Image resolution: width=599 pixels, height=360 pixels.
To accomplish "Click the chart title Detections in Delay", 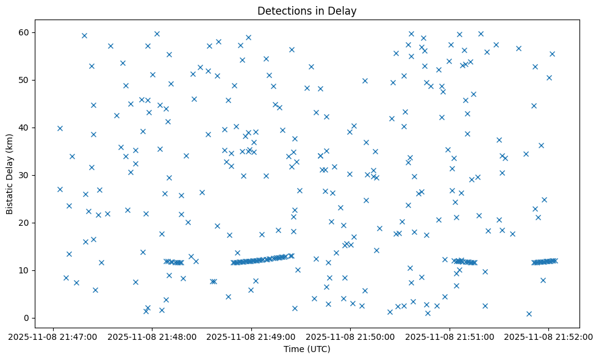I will (307, 11).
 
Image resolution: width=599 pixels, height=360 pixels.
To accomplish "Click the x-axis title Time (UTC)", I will (307, 349).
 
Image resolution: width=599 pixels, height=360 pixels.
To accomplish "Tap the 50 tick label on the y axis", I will (26, 80).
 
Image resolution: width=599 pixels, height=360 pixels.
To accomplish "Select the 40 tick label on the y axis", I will (26, 128).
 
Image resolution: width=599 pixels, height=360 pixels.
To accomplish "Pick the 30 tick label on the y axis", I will (26, 175).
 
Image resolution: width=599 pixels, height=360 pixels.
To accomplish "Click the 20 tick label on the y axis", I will (26, 223).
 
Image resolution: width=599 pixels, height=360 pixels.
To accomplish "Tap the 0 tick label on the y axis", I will (28, 318).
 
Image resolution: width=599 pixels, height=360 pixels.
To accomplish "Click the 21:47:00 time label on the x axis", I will (53, 336).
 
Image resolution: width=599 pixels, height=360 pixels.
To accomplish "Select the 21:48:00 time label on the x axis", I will (152, 336).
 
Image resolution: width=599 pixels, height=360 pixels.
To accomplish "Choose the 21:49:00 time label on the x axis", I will (251, 336).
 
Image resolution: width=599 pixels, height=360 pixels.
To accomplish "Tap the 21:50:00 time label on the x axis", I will (351, 336).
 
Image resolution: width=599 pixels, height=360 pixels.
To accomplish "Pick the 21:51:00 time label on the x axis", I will (450, 336).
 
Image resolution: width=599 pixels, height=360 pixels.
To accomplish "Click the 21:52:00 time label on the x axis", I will (548, 336).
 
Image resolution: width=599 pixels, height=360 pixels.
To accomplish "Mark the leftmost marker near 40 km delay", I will (60, 128).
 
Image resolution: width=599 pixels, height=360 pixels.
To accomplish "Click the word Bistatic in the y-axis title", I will (10, 195).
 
